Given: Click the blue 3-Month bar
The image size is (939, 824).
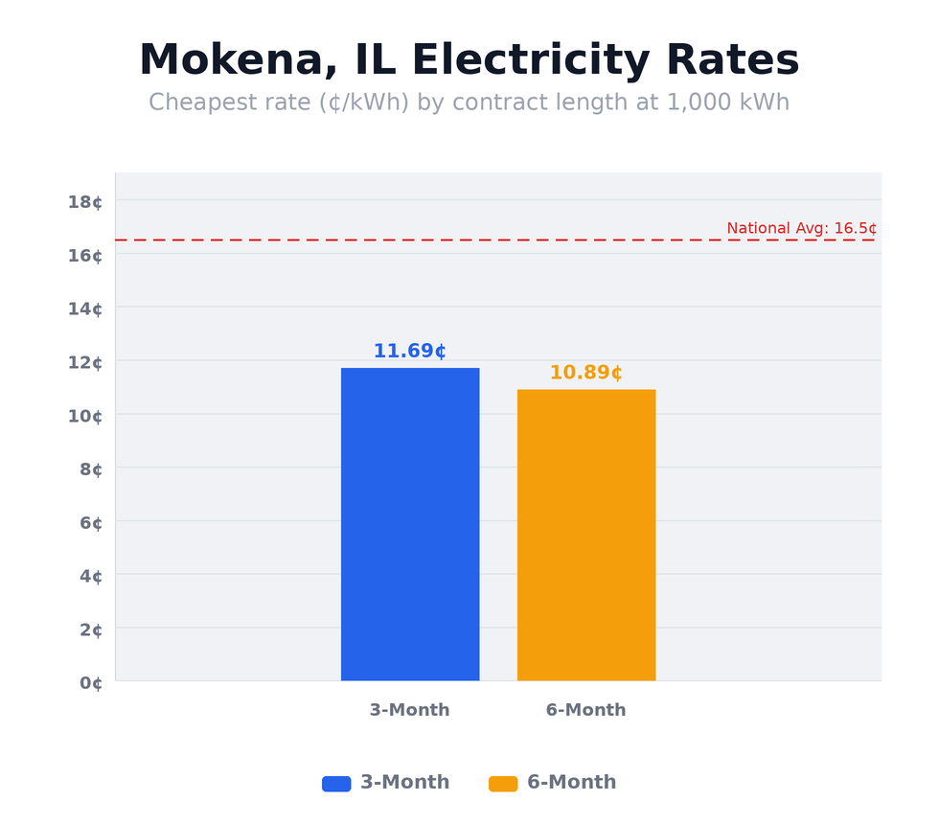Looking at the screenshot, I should [410, 524].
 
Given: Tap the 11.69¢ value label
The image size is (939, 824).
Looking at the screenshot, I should [410, 352].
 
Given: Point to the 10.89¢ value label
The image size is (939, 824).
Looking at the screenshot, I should [586, 373].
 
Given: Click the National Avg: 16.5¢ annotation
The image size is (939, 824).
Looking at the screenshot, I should [801, 228].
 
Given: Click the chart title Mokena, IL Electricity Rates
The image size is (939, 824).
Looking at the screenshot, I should [469, 61].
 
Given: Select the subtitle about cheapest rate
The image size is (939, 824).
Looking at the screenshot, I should [469, 103].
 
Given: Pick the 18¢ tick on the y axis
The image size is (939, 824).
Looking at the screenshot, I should [85, 201].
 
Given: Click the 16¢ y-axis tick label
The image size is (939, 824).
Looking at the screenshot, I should [85, 255].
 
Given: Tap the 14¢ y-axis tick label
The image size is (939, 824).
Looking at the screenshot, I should [85, 309].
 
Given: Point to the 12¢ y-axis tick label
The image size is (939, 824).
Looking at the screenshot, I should [85, 362].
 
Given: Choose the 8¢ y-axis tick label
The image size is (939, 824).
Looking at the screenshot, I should [90, 469].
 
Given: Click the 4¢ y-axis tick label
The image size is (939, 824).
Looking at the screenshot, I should [90, 576].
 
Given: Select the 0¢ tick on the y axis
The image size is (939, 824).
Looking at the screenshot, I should [90, 683].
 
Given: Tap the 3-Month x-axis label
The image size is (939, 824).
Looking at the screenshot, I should [409, 710].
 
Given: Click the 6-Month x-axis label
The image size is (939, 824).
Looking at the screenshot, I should [585, 710].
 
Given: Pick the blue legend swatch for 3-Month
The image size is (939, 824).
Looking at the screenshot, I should [336, 784].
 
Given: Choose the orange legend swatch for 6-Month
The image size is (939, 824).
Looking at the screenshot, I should [503, 784].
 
